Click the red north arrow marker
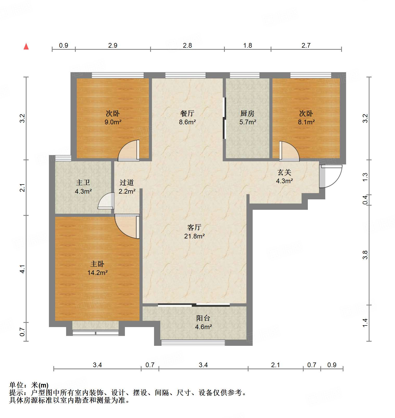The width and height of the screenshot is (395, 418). [26, 46]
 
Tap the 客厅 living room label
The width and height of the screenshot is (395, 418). [194, 228]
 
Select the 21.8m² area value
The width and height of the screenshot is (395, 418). [194, 236]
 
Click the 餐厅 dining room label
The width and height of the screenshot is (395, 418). [187, 113]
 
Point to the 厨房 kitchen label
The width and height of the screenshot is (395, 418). [247, 113]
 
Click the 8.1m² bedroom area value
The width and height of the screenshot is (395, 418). [306, 122]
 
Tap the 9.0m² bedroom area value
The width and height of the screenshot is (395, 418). [113, 122]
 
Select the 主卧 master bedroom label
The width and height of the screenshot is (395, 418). [97, 264]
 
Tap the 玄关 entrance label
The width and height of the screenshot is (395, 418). [284, 172]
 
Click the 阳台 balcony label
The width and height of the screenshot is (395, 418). [203, 318]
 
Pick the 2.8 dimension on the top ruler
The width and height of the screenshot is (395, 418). [187, 46]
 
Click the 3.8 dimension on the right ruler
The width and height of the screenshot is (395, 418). [365, 255]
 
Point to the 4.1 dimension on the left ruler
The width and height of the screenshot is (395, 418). [23, 269]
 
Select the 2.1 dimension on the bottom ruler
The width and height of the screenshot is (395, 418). [275, 365]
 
